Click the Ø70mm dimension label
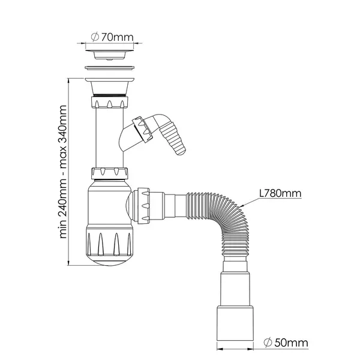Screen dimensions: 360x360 click(112, 37)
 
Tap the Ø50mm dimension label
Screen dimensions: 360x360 click(286, 343)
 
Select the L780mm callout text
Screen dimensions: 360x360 click(280, 193)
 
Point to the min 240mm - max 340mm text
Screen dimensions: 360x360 click(63, 172)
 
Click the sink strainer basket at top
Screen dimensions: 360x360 click(110, 55)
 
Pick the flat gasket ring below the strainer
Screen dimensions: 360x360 click(110, 68)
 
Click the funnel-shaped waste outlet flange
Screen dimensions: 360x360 click(109, 86)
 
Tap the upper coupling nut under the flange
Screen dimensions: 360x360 click(110, 103)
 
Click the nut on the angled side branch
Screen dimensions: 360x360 click(142, 129)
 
